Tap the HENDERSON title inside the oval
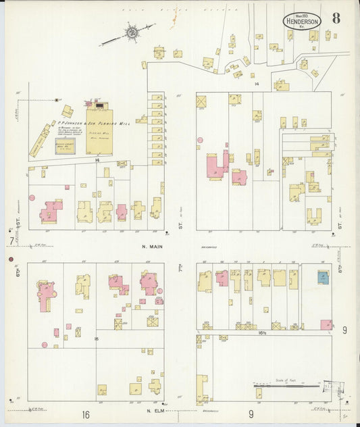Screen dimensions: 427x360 point(302,22)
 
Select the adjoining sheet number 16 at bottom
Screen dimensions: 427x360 point(86,414)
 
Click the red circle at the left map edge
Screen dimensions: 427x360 point(11,259)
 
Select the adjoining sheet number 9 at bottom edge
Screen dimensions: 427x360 point(251,413)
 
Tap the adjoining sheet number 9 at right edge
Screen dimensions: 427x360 point(344,330)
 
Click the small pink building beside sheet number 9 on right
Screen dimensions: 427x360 point(326,324)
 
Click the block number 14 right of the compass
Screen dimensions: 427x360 point(257,83)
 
